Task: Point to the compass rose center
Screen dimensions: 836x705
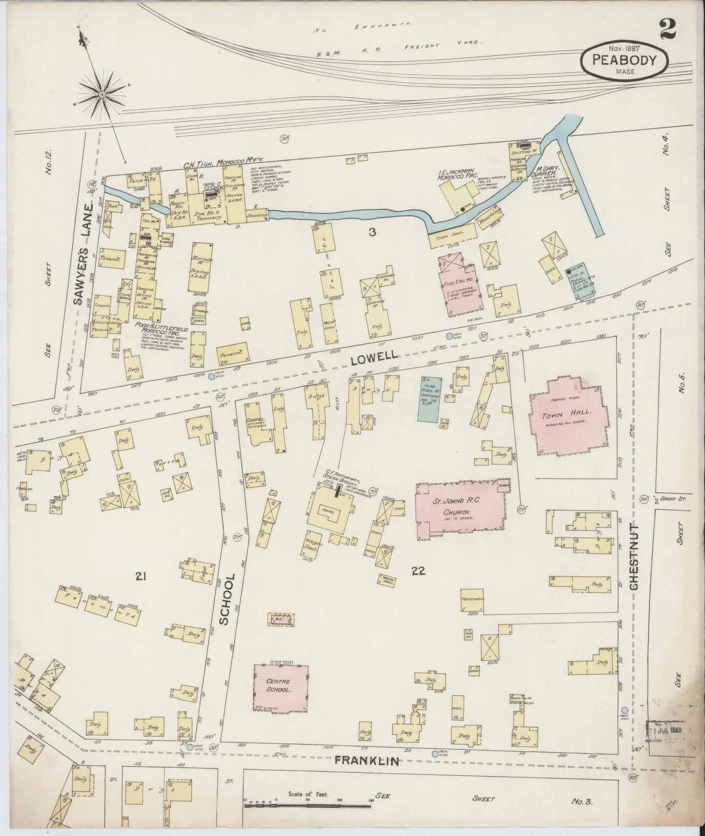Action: (x=102, y=94)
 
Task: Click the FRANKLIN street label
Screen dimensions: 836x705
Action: (x=367, y=761)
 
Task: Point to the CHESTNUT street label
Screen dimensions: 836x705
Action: (x=635, y=556)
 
